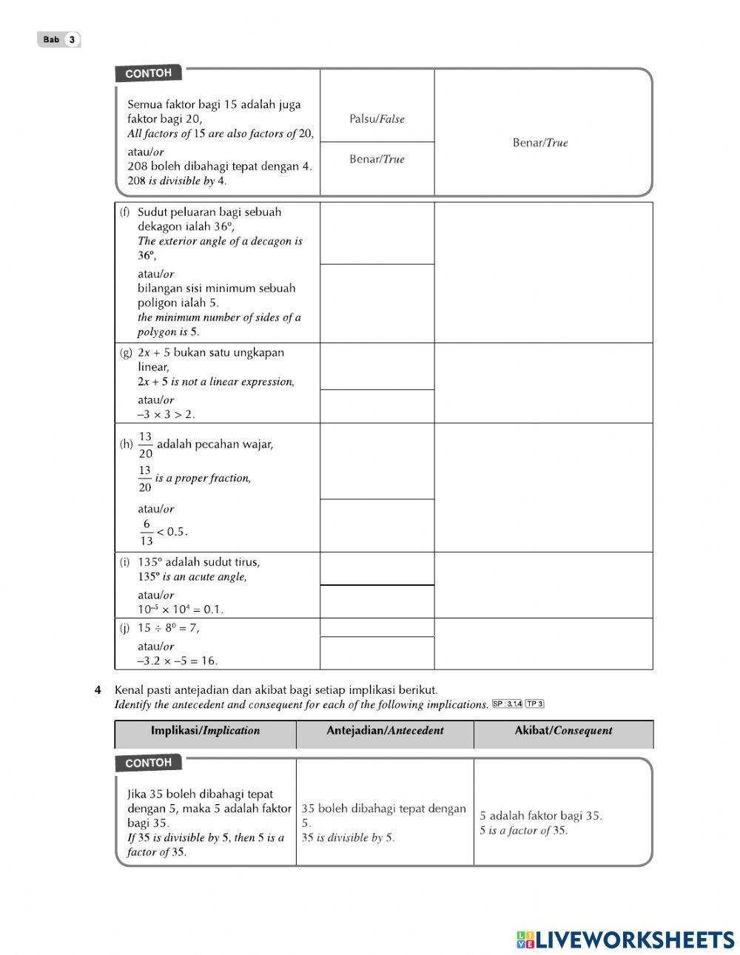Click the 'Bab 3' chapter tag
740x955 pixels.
[x=58, y=40]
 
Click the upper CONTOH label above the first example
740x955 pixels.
[x=148, y=73]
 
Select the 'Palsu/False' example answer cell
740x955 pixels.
[x=377, y=119]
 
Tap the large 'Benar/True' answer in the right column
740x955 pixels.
[x=540, y=143]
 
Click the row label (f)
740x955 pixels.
[x=125, y=212]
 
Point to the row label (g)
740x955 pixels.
[x=126, y=353]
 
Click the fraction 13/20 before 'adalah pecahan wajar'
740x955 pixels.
[x=145, y=445]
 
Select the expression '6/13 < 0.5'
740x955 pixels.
[x=163, y=532]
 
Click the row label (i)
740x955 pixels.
[x=125, y=562]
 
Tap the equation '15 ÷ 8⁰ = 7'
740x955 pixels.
[x=168, y=628]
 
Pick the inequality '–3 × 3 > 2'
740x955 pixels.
[x=166, y=414]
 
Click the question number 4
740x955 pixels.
[x=98, y=690]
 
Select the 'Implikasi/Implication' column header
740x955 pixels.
[x=205, y=731]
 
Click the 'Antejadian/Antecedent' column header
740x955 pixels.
[x=385, y=731]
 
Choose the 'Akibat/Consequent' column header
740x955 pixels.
[x=563, y=731]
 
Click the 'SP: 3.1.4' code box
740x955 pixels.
[x=507, y=704]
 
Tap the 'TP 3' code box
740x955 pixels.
[x=534, y=704]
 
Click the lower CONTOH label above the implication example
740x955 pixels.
[x=148, y=763]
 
